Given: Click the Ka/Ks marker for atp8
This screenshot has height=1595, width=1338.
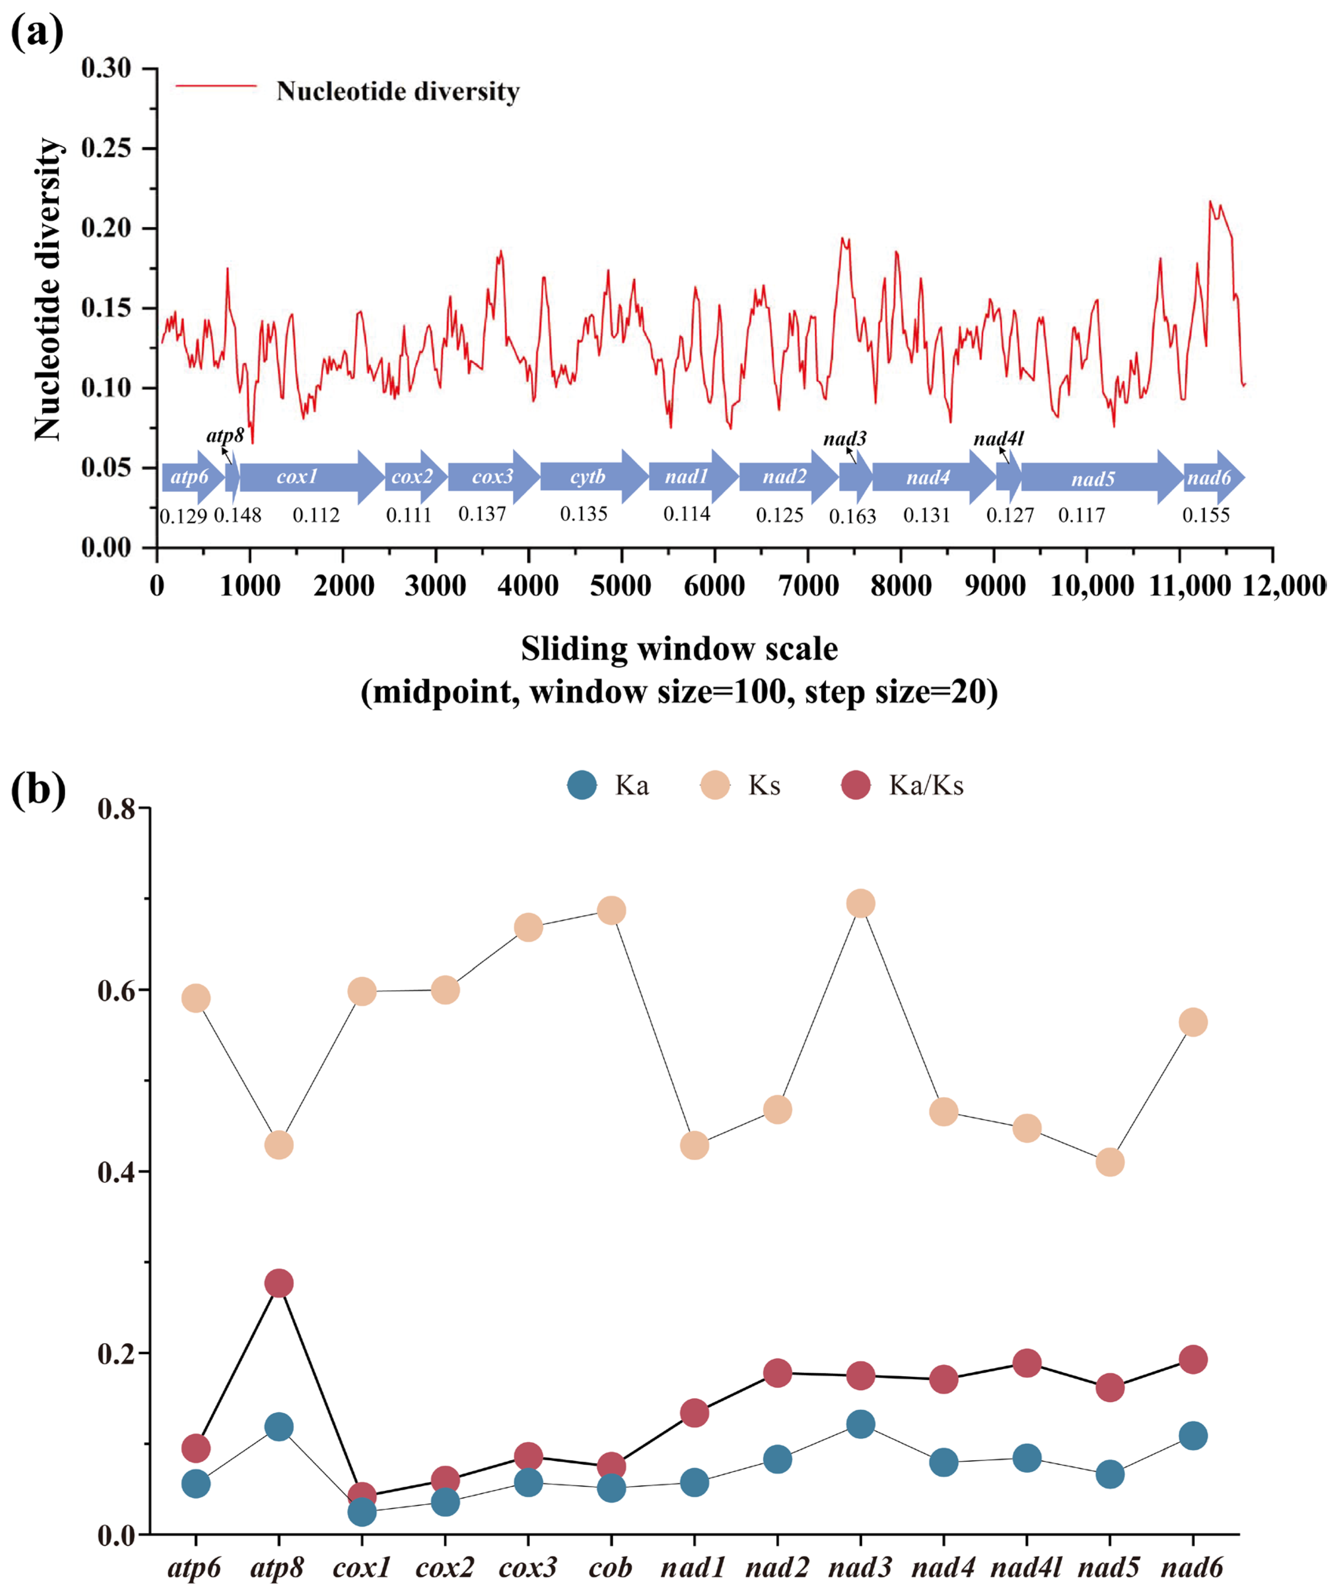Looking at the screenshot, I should click(279, 1284).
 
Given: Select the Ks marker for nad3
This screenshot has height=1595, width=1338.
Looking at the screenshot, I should click(860, 904).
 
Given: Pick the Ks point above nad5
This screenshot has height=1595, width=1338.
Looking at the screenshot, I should click(1110, 1162).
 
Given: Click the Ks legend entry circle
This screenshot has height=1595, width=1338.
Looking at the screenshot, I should click(714, 785).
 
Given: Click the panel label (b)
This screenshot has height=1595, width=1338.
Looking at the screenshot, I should click(38, 790).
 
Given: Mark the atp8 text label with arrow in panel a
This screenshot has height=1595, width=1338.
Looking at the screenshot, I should click(225, 436).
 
